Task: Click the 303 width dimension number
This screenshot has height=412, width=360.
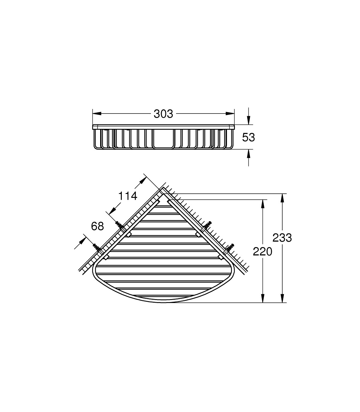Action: [x=163, y=114]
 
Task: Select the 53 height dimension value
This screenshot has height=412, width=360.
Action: [x=248, y=138]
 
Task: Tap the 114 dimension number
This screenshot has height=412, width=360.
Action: [x=128, y=196]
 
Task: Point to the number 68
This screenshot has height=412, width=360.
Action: [x=97, y=226]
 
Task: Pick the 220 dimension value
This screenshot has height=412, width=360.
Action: [x=262, y=252]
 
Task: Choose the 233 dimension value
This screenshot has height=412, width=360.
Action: [x=282, y=238]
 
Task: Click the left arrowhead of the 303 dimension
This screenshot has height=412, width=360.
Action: [x=97, y=114]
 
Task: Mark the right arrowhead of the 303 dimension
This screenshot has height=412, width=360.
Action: [x=230, y=114]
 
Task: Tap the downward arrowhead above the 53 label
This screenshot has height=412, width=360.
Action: [x=249, y=120]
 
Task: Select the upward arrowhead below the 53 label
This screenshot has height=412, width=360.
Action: [x=249, y=154]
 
